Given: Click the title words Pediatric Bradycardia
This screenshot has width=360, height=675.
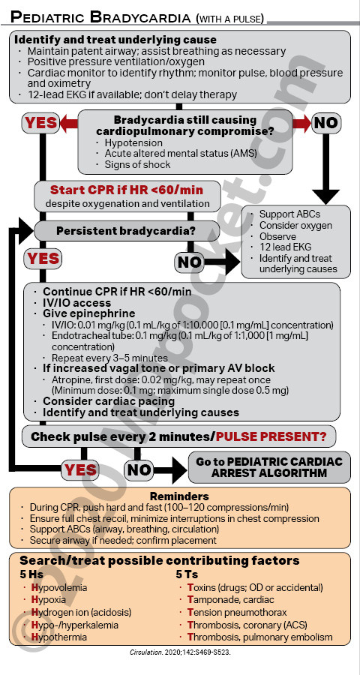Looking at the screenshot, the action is (100, 16).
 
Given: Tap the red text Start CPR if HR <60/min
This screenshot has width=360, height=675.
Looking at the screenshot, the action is (127, 190).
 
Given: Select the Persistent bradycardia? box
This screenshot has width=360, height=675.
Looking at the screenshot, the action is (127, 231).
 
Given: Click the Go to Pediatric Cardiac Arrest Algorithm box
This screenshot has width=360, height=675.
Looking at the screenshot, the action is (269, 467).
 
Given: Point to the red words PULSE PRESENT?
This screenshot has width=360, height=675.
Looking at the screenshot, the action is (271, 436).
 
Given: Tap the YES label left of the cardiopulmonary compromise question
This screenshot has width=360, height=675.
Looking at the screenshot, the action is (40, 123).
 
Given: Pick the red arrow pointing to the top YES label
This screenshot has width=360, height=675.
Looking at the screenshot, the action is (69, 123).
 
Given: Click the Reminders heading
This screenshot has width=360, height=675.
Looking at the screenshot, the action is (179, 496).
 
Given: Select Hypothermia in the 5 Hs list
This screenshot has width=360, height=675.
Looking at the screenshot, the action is (58, 637).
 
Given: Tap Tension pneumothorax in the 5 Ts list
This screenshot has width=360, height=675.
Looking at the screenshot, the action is (237, 612).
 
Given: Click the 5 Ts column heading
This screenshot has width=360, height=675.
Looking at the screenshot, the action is (187, 574).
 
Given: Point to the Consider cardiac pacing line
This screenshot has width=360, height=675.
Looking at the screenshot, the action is (109, 401).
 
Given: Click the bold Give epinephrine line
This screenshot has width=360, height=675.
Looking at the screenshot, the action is (88, 313).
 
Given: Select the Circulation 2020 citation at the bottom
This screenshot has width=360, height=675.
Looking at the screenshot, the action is (180, 652).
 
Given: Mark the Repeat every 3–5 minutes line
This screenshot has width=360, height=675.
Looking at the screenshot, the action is (109, 358).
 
